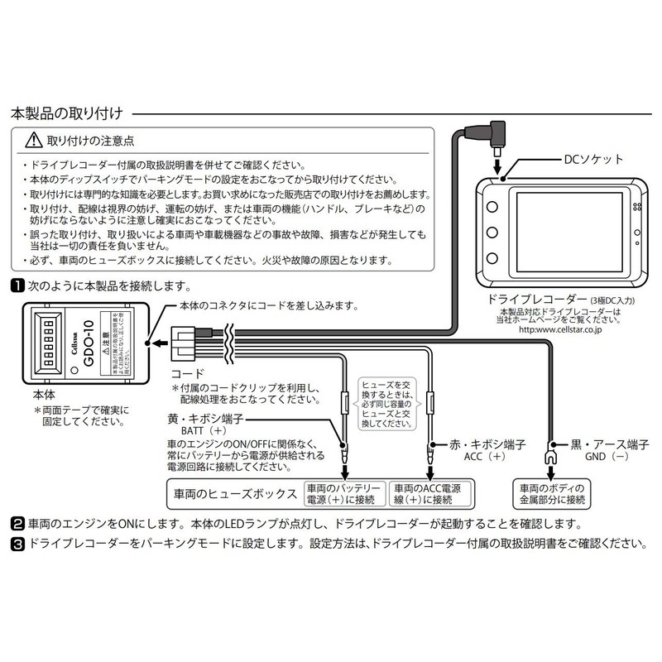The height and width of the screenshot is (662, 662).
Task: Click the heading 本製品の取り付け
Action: point(65,112)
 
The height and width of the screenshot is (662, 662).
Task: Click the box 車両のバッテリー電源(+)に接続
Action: point(344,493)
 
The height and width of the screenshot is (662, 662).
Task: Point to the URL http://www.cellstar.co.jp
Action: point(566,329)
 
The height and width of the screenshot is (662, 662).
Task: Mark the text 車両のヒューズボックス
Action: point(234,493)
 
